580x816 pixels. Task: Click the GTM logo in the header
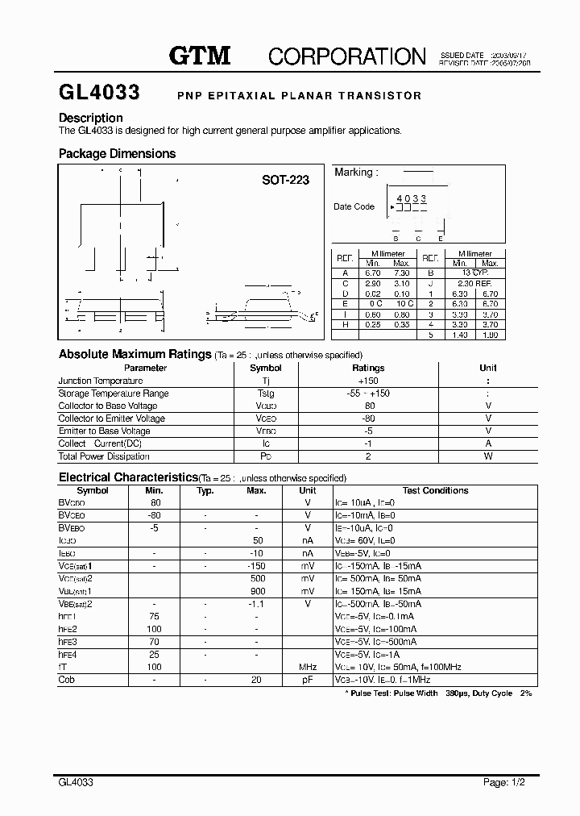click(x=199, y=56)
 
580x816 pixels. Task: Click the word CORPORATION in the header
click(x=346, y=56)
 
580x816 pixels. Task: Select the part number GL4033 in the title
click(x=99, y=94)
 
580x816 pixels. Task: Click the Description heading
click(x=90, y=118)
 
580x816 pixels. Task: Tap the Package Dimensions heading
click(x=117, y=153)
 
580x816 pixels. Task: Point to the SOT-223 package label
click(x=285, y=180)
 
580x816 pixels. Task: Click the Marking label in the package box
click(x=354, y=173)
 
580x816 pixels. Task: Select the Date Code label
click(x=354, y=206)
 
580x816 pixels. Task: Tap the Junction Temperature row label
click(x=100, y=381)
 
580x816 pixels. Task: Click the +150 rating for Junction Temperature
click(x=368, y=381)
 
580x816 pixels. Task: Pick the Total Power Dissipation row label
click(x=104, y=456)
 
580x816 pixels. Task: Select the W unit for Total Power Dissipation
click(x=488, y=456)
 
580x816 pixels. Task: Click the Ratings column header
click(x=368, y=368)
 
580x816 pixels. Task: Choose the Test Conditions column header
click(x=435, y=490)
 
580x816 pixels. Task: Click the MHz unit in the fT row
click(x=308, y=667)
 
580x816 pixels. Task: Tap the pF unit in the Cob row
click(x=308, y=680)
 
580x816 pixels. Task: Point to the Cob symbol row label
click(x=66, y=680)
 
